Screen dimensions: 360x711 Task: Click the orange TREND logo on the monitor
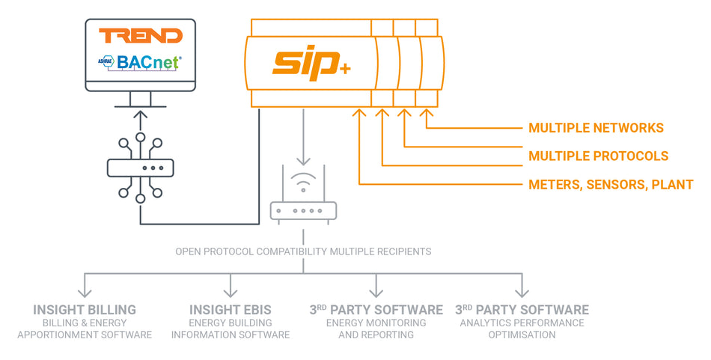141,35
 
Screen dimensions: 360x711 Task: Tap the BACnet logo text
148,62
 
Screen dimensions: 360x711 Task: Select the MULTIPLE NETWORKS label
596,128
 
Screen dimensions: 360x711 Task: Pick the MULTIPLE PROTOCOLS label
598,156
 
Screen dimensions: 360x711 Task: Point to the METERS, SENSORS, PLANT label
611,184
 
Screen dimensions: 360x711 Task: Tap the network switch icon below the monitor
141,168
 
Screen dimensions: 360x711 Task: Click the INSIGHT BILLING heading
85,309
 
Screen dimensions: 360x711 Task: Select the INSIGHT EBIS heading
230,309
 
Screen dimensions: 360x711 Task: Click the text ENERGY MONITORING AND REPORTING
376,329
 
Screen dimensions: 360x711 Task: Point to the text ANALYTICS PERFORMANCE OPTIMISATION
522,329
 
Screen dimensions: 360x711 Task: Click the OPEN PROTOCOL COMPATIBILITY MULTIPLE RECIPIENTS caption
303,251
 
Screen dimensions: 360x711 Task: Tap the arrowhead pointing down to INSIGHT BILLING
85,292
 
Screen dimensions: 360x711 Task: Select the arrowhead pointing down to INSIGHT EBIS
231,292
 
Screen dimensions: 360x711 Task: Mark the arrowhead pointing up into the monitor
141,115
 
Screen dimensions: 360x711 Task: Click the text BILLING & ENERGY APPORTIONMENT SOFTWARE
85,329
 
